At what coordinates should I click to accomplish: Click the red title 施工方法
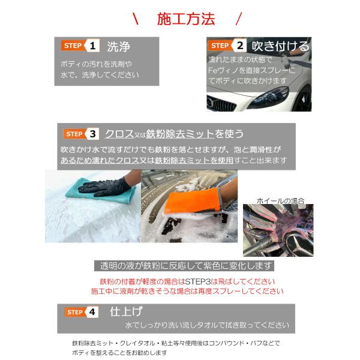coord(186,19)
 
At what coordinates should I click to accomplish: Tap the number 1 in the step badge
coord(92,46)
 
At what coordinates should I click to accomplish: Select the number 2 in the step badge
coord(240,46)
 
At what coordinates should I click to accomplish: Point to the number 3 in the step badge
coord(93,134)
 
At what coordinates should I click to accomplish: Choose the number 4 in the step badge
coord(92,312)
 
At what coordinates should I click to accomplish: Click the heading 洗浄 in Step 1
coord(118,47)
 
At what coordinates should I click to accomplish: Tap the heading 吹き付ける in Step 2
coord(281,46)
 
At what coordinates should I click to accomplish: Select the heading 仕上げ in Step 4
coord(126,311)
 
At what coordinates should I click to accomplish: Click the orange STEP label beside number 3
coord(74,134)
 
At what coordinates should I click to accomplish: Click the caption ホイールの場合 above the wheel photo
coord(281,201)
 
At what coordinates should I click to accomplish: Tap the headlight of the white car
coord(269,97)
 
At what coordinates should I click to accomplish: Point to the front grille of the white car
coord(220,104)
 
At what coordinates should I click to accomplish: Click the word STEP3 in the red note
coord(197,281)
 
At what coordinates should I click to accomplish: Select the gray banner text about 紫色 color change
coord(184,266)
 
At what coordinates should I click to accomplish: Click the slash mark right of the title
coord(239,19)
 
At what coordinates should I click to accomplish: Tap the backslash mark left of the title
coord(136,19)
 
